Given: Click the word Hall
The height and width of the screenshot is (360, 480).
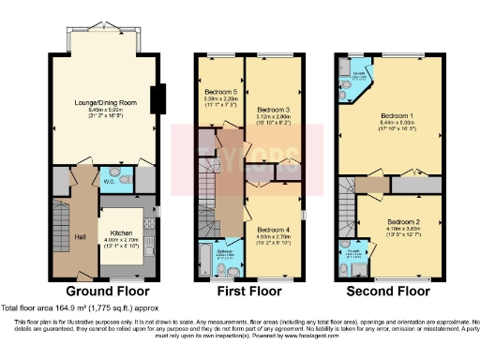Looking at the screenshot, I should tap(81, 236).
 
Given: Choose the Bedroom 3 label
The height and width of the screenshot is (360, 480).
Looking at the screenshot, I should tap(273, 109).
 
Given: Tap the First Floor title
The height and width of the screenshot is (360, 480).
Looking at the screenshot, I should tap(250, 292).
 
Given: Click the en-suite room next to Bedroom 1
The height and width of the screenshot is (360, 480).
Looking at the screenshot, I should tap(356, 88).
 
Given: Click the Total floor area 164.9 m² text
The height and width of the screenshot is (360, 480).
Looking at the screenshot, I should tap(74, 308).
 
